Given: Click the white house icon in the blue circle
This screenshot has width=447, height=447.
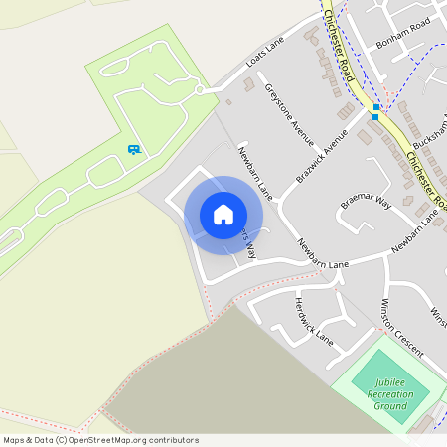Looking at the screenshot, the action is pyautogui.click(x=223, y=215).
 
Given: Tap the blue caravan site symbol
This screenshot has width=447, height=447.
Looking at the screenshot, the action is pyautogui.click(x=133, y=149).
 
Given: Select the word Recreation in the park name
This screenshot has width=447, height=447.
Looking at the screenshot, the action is pyautogui.click(x=390, y=394).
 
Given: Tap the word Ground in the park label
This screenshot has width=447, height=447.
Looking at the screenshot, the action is pyautogui.click(x=391, y=406).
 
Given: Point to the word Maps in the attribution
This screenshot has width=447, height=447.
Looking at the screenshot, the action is pyautogui.click(x=14, y=440).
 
